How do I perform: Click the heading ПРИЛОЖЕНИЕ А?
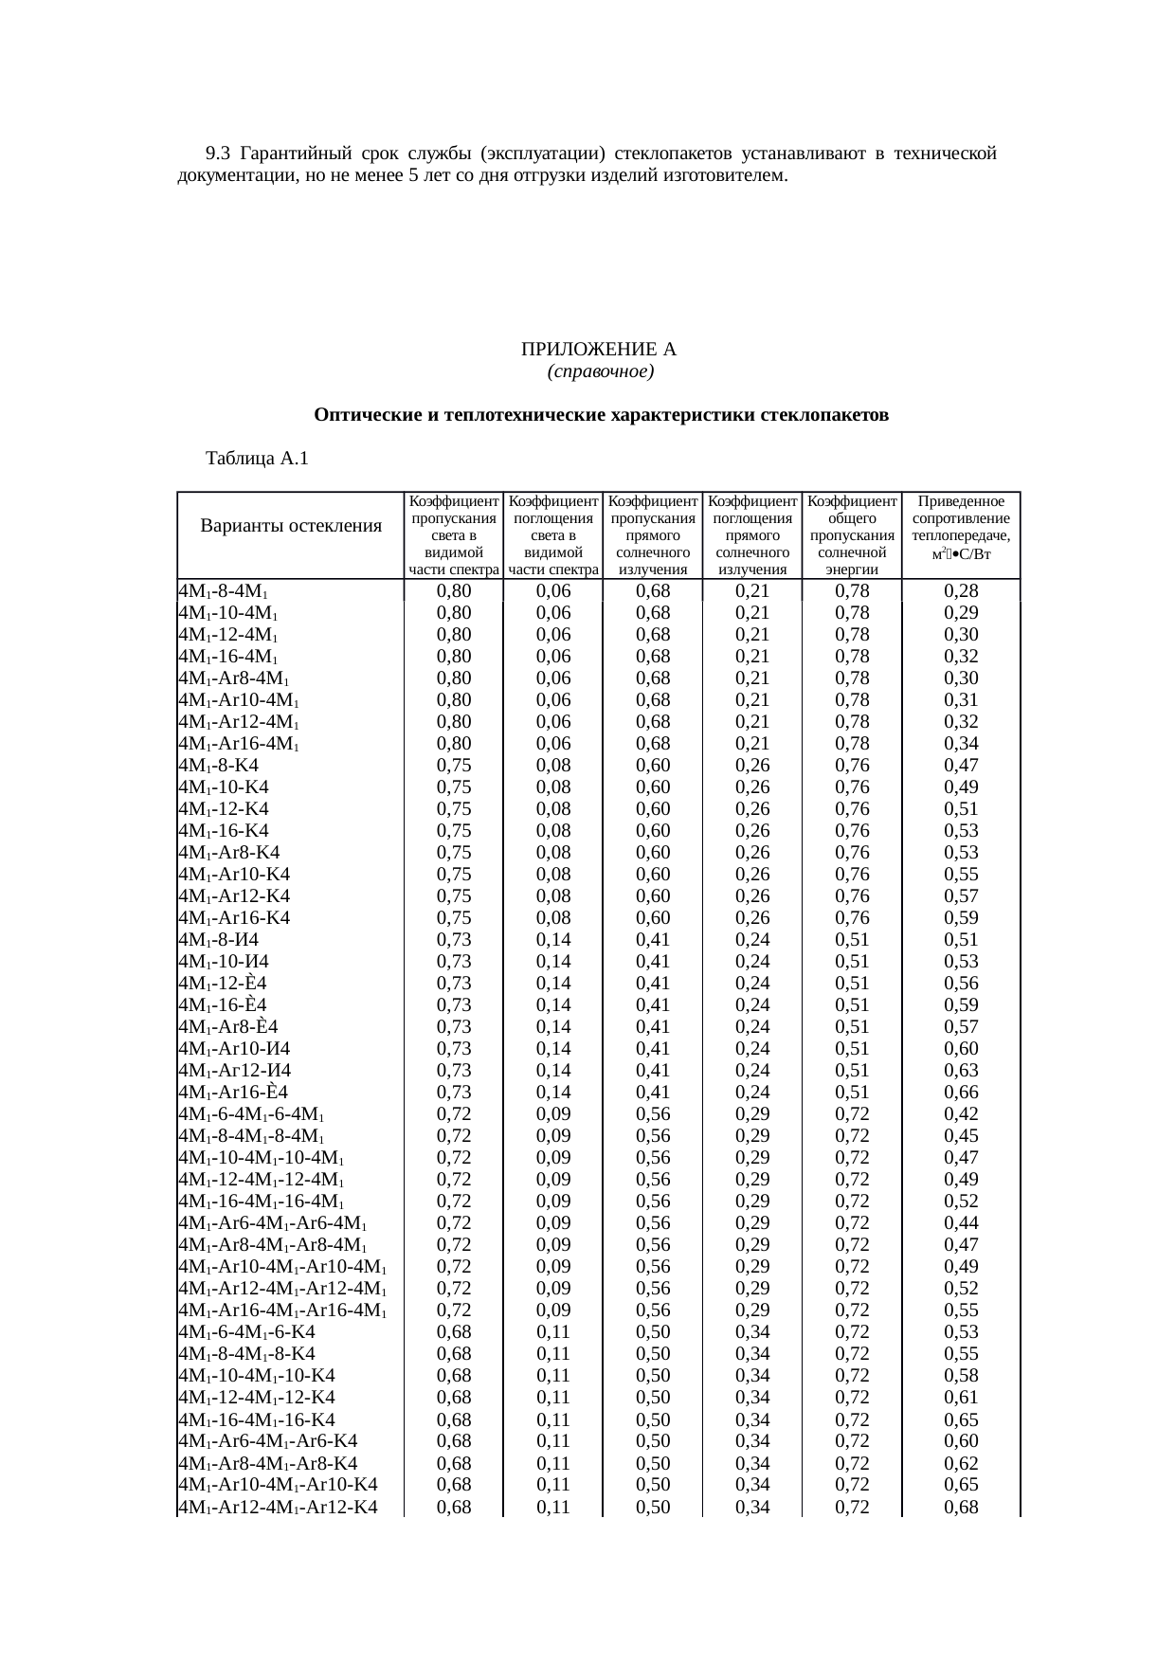[x=599, y=350]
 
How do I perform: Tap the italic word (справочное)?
[x=599, y=371]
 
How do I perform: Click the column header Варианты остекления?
[x=291, y=526]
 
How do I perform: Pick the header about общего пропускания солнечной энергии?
[x=852, y=534]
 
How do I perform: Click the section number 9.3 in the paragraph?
[x=218, y=154]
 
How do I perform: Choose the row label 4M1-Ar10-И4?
[x=234, y=1049]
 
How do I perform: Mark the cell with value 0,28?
[x=961, y=591]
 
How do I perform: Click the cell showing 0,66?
[x=961, y=1093]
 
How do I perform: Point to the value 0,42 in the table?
[x=961, y=1114]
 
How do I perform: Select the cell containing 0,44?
[x=961, y=1223]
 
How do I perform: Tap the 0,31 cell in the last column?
[x=961, y=700]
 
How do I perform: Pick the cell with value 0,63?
[x=961, y=1071]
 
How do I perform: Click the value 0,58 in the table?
[x=961, y=1376]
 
